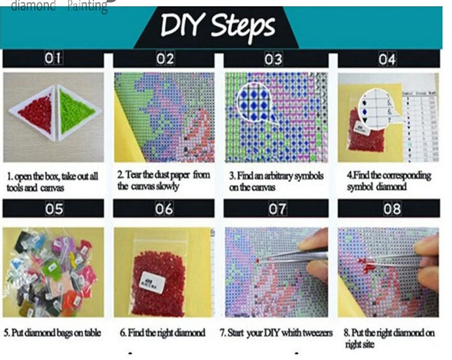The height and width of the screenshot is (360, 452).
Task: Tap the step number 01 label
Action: [x=53, y=59]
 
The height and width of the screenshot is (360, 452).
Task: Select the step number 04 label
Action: [x=387, y=59]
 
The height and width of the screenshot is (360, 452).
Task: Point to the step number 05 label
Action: [x=54, y=209]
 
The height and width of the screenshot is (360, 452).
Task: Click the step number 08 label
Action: [x=392, y=209]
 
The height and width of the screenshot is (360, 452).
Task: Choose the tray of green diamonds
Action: [x=76, y=111]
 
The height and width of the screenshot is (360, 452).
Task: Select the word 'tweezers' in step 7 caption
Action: [x=316, y=333]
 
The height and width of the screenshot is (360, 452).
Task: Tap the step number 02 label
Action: [x=165, y=59]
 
